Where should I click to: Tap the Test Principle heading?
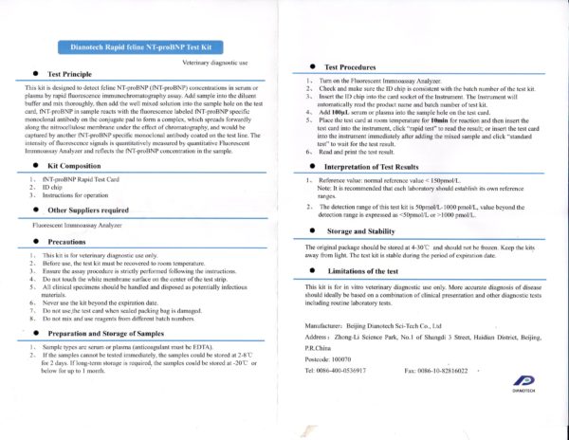(x=76, y=72)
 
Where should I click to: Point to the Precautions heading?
(x=72, y=242)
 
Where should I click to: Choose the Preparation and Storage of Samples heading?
(x=112, y=334)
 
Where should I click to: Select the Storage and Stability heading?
(x=364, y=230)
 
